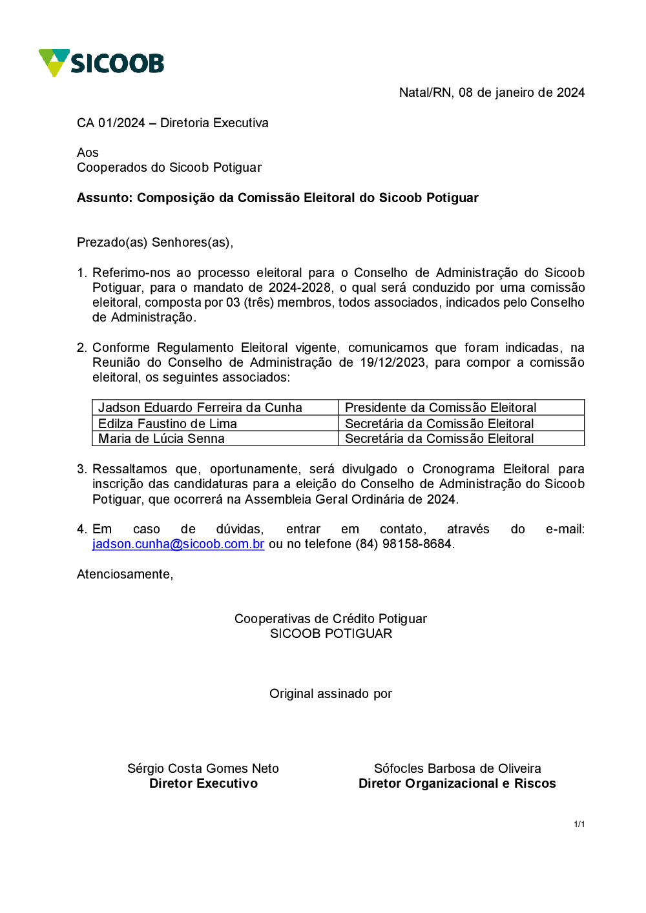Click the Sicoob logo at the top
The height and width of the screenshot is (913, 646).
(101, 63)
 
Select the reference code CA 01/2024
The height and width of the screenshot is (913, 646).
(110, 123)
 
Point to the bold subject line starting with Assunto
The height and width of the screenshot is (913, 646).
(277, 198)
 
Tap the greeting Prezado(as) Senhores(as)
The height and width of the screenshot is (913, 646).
(154, 242)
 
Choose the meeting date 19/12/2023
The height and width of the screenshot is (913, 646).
(393, 362)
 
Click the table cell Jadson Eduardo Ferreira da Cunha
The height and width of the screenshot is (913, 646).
(200, 407)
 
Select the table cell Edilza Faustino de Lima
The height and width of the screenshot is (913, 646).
(167, 424)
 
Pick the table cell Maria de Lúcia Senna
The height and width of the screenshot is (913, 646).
(161, 438)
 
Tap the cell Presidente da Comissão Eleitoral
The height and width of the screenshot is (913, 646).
(441, 407)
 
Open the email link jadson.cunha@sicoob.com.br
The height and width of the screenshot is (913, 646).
(178, 544)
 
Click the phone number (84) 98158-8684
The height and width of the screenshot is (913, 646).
(404, 544)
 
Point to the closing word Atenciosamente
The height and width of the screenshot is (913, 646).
(125, 574)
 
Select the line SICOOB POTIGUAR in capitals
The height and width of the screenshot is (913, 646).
(331, 633)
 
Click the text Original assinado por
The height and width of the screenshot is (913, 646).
(331, 693)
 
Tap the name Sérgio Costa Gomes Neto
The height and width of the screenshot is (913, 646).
(203, 768)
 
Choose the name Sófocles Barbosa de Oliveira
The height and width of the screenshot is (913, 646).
(457, 768)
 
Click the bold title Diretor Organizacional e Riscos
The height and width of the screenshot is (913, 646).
(457, 783)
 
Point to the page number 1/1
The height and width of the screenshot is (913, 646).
(579, 824)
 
